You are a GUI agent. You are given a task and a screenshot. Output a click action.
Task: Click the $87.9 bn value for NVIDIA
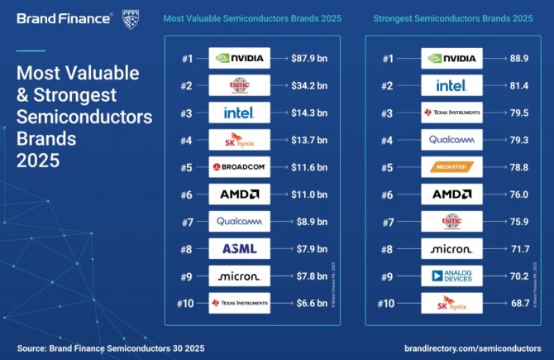[x=310, y=59]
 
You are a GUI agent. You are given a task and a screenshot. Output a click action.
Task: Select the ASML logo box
[x=240, y=248]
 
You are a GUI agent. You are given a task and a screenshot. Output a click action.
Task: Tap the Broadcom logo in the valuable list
[x=240, y=167]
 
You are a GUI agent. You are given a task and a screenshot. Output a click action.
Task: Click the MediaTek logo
[x=451, y=167]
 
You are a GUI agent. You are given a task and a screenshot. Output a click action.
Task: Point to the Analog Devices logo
[x=451, y=276]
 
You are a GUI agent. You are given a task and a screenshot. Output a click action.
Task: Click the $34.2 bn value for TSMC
[x=310, y=85]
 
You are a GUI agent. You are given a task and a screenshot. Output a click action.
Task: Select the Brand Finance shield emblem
[x=131, y=18]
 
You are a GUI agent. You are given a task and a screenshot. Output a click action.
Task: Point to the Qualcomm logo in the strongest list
[x=451, y=140]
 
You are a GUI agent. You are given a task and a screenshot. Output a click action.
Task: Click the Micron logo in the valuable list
[x=240, y=276]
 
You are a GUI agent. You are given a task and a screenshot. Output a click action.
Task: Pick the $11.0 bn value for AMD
[x=310, y=194]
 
